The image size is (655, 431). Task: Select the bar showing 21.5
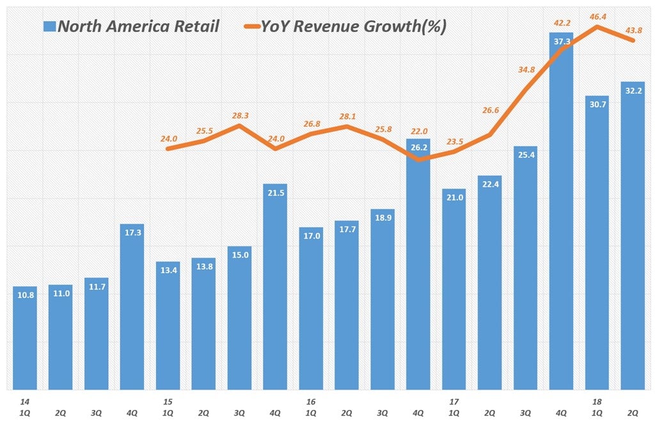click(x=275, y=288)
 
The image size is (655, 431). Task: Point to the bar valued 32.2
click(x=633, y=237)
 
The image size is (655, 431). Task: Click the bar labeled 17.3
click(x=132, y=307)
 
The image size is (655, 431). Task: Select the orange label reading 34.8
click(x=526, y=69)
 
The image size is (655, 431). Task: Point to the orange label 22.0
click(x=418, y=130)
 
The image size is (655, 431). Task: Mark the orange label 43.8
click(x=633, y=29)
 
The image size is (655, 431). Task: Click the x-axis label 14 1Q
click(x=24, y=407)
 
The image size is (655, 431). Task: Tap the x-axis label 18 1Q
click(x=597, y=407)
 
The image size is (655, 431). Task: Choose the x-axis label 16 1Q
click(x=311, y=407)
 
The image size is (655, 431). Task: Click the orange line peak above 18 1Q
click(x=597, y=26)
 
